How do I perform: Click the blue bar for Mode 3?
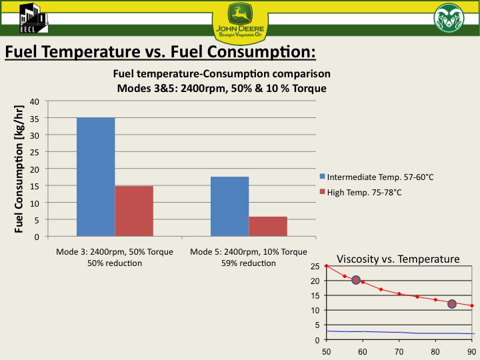tap(95, 177)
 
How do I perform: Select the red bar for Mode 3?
tap(134, 211)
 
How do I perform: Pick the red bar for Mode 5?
tap(268, 226)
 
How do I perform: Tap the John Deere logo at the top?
tap(240, 21)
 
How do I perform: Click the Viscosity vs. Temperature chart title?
tap(398, 259)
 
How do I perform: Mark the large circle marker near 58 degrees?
tap(356, 280)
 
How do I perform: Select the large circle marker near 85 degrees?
tap(452, 304)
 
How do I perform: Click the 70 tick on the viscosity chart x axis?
tap(399, 351)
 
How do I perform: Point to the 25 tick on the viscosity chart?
tap(315, 266)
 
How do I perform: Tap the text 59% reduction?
tap(248, 263)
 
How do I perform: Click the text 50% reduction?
tap(114, 263)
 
